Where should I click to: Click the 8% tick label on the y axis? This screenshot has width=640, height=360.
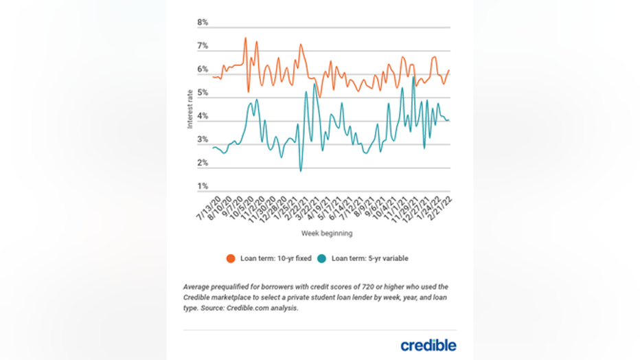click(x=203, y=23)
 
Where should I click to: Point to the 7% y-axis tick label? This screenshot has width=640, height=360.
click(x=203, y=46)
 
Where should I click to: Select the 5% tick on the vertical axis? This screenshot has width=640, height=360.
click(x=203, y=93)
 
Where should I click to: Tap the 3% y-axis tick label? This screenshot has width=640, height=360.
click(x=203, y=139)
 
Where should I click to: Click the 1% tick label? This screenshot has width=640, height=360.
click(x=203, y=186)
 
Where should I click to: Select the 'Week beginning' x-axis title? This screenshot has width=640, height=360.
click(x=327, y=234)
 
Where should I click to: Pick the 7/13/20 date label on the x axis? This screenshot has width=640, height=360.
click(x=205, y=206)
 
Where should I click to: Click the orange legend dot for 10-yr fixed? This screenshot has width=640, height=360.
click(x=231, y=258)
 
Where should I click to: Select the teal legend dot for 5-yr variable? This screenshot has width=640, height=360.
click(x=321, y=258)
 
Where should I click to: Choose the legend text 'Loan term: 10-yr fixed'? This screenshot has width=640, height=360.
click(x=273, y=258)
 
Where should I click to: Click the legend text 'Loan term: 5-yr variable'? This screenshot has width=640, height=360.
click(x=370, y=258)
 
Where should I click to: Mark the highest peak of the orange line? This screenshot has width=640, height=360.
click(x=245, y=38)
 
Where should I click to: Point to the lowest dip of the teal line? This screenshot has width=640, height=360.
click(x=300, y=170)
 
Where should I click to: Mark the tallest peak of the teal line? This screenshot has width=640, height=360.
click(x=413, y=77)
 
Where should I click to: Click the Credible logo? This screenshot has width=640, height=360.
click(x=428, y=345)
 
